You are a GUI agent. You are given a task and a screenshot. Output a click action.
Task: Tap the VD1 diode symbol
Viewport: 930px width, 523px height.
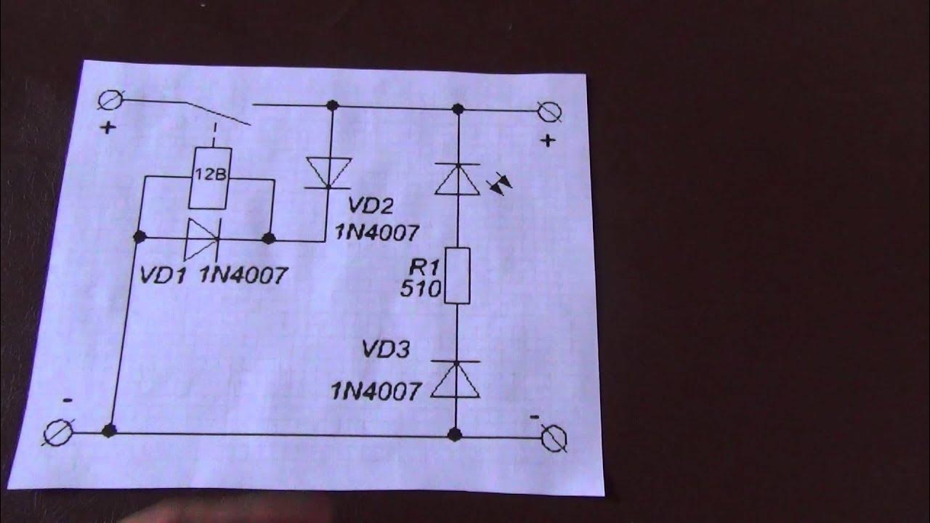pyautogui.click(x=198, y=238)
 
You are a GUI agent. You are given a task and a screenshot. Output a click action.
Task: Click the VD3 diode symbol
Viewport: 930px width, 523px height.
pyautogui.click(x=456, y=379)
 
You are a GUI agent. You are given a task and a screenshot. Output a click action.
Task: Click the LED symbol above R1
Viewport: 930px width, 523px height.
pyautogui.click(x=457, y=179)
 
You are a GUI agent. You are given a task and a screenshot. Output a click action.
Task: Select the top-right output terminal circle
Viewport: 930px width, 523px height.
pyautogui.click(x=550, y=113)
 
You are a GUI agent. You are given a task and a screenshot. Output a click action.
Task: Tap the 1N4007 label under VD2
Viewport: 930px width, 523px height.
pyautogui.click(x=376, y=232)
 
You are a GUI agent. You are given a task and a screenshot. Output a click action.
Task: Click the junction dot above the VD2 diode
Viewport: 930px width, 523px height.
pyautogui.click(x=333, y=106)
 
